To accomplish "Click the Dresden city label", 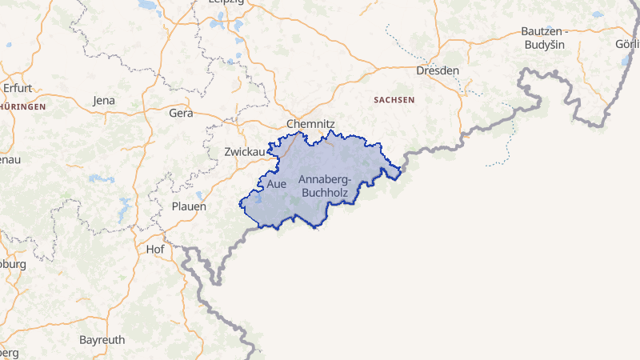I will [438, 70].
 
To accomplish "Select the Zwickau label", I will [245, 151].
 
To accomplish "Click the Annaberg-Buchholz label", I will [324, 186].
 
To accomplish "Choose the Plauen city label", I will [189, 206].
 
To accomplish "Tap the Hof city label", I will [155, 249].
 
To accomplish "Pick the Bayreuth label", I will [102, 339].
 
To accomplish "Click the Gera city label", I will [182, 113].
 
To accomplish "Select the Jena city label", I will [104, 100].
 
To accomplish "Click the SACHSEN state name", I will [394, 100].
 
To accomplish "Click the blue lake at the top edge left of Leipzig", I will [148, 4].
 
